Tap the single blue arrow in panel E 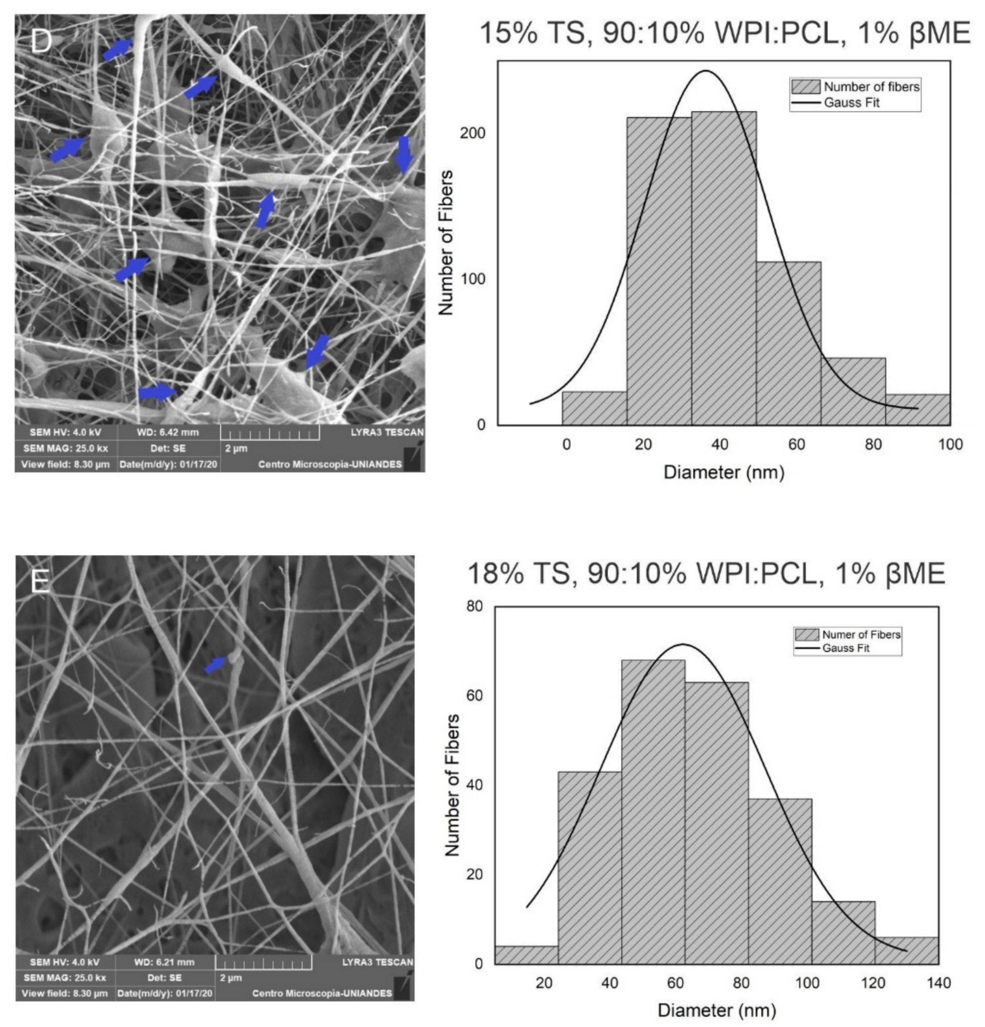pos(215,665)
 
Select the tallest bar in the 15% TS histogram pos(723,267)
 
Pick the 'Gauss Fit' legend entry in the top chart pos(851,103)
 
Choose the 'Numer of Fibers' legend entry pos(860,635)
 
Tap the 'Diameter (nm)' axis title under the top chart pos(723,472)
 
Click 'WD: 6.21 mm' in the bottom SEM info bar pos(164,962)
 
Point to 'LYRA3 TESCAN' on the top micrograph pos(386,432)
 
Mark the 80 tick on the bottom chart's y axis pos(475,607)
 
